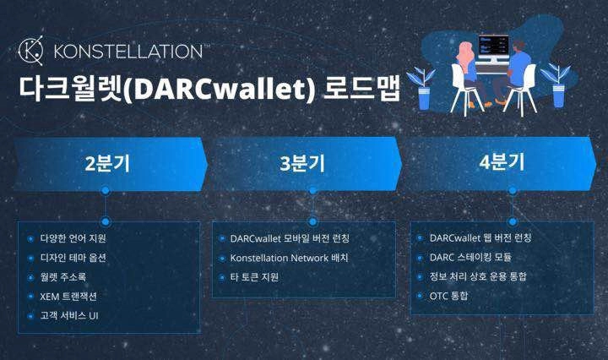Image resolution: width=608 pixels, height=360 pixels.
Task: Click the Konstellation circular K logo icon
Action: [31, 51]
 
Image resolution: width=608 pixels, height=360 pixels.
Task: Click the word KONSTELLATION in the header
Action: [128, 52]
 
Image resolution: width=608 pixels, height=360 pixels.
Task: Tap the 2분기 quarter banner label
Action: [107, 163]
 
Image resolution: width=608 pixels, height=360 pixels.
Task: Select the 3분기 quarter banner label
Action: [302, 163]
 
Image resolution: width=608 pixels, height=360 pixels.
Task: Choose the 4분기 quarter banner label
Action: [502, 161]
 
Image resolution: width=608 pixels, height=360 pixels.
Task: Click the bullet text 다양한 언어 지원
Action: [73, 238]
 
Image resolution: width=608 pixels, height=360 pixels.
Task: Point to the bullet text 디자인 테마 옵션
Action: [73, 258]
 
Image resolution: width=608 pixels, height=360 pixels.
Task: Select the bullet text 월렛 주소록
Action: [62, 277]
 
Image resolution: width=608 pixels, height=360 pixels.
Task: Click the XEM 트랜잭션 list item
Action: [68, 297]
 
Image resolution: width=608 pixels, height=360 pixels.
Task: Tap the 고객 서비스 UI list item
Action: [69, 316]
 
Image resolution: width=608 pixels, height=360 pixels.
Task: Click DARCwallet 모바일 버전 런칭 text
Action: [290, 238]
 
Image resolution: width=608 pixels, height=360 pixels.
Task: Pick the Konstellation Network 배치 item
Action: [289, 258]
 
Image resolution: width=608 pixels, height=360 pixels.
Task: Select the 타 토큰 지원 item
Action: [254, 277]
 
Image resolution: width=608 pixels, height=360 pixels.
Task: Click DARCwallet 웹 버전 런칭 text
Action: [480, 237]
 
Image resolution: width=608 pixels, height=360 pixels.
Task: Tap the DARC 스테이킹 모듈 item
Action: [470, 257]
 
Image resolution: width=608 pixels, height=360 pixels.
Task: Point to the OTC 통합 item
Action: [448, 296]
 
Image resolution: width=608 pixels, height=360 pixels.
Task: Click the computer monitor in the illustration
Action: [493, 48]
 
